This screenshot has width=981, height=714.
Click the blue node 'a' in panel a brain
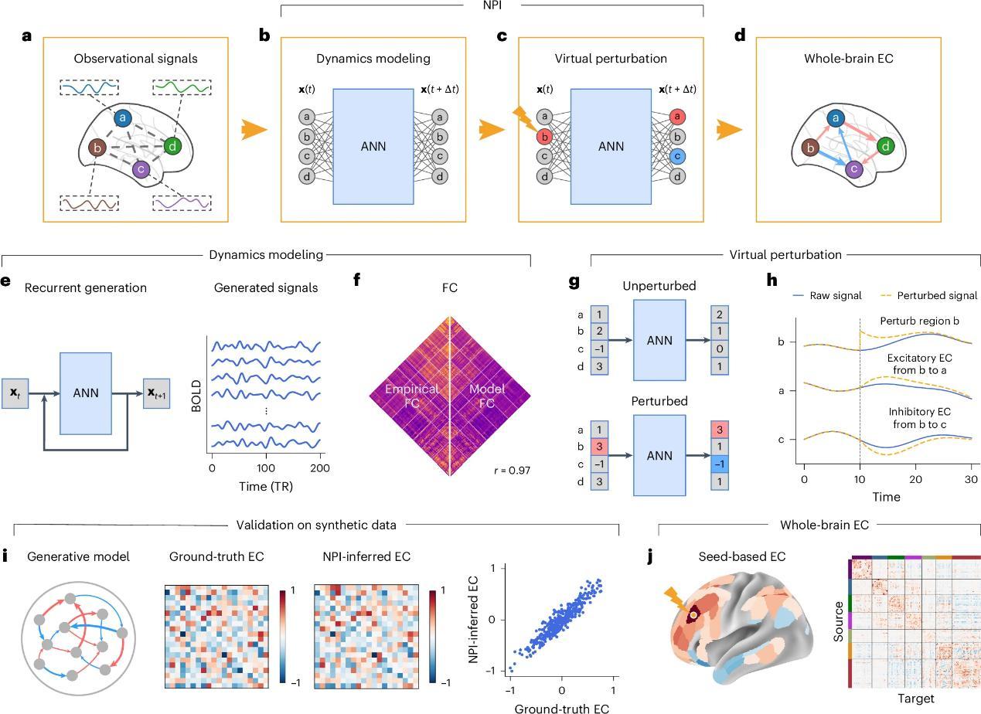click(x=123, y=118)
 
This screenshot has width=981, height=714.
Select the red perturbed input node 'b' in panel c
click(x=544, y=138)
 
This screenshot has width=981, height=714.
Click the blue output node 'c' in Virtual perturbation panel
click(x=677, y=156)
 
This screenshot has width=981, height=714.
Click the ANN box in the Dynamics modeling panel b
click(x=373, y=146)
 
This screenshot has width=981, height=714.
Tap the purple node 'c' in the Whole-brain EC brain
click(x=854, y=168)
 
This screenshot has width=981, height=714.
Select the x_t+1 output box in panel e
click(x=158, y=393)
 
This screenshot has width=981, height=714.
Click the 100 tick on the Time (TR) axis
click(x=266, y=469)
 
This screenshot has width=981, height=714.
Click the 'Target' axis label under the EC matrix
click(x=916, y=699)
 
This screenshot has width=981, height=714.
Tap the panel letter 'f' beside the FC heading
click(x=357, y=280)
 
